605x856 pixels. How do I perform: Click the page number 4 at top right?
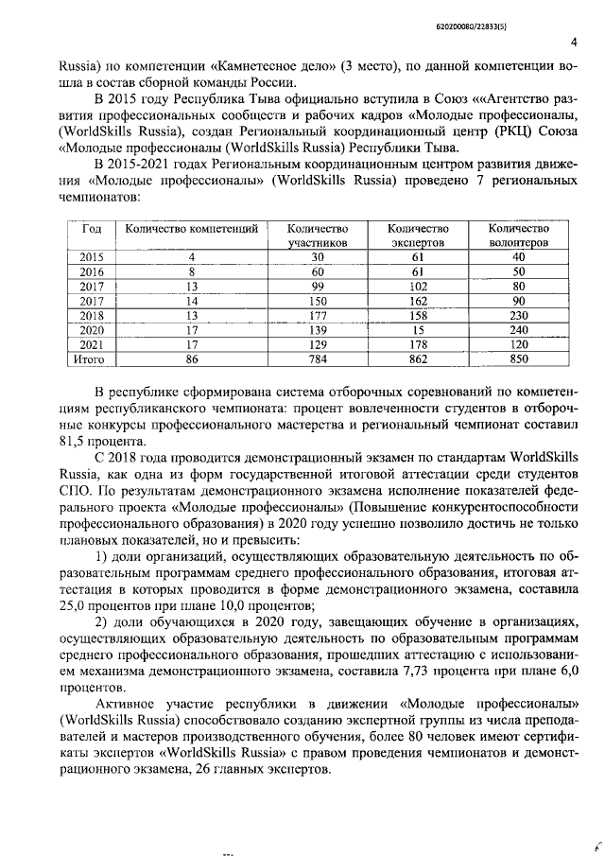(x=576, y=43)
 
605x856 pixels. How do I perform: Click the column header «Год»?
(x=92, y=229)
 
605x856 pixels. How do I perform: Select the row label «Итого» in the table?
(x=92, y=359)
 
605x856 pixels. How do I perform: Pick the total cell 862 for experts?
(x=417, y=359)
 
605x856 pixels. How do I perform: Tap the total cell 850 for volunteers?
(x=518, y=359)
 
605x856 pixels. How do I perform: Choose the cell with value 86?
(x=191, y=359)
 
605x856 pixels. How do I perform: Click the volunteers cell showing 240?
(x=518, y=331)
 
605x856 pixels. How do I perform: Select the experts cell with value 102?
(x=417, y=287)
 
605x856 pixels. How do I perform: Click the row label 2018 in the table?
(x=92, y=316)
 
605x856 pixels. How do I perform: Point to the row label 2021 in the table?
(x=92, y=345)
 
